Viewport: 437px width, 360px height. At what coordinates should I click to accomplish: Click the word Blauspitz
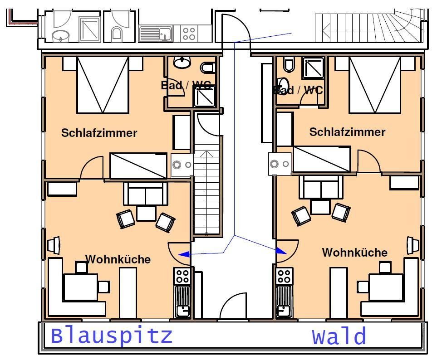112,336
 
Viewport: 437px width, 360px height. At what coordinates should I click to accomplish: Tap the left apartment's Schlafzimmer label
99,133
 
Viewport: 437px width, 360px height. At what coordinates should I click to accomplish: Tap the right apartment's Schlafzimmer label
347,132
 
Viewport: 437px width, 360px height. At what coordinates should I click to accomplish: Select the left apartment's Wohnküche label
118,259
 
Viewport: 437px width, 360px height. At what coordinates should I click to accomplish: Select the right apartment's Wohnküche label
355,253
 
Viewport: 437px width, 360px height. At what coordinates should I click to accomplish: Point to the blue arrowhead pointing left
184,255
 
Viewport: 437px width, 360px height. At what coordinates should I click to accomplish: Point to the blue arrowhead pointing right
281,250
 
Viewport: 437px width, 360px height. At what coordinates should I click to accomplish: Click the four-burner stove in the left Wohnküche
182,276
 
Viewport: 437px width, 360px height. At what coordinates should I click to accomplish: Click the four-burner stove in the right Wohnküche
284,276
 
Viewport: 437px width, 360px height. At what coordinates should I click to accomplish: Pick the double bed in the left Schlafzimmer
103,85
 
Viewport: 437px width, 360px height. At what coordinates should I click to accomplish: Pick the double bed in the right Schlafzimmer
375,85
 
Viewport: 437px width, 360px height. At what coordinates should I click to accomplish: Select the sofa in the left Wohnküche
146,194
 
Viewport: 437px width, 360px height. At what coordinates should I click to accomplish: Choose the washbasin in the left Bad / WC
182,63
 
